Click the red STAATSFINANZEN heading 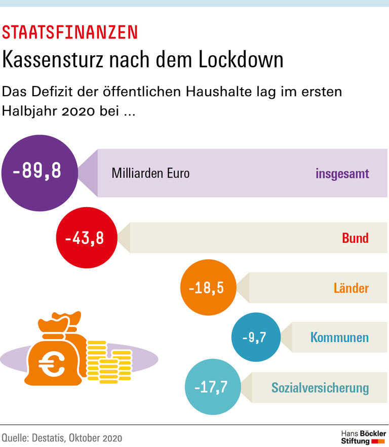coord(70,32)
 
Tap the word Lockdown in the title coord(241,60)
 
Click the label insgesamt coord(342,174)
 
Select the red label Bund coord(355,238)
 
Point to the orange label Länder coord(351,289)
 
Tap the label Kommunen coord(339,338)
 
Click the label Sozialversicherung coord(320,388)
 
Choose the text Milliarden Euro coord(150,173)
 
